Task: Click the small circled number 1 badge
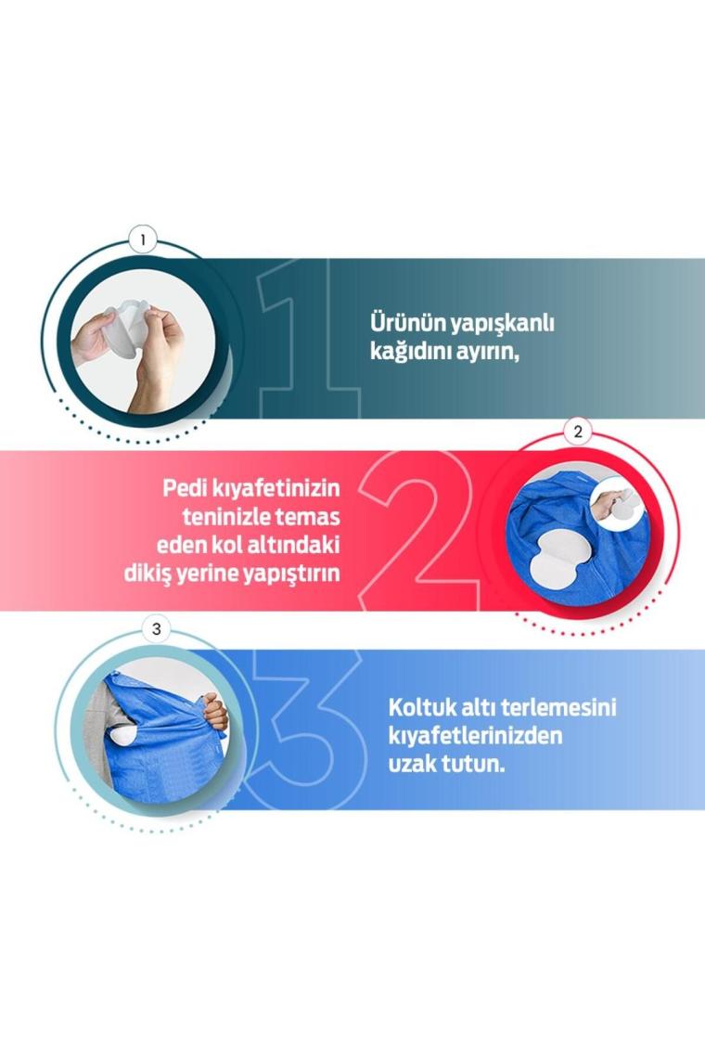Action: coord(142,239)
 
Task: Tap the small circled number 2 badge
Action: coord(578,432)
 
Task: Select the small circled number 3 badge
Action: coord(157,629)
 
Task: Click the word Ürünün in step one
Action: coord(407,323)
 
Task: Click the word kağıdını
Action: coord(410,353)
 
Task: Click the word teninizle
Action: coord(226,517)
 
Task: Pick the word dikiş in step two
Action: coord(147,574)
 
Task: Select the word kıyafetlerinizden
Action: coord(475,736)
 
